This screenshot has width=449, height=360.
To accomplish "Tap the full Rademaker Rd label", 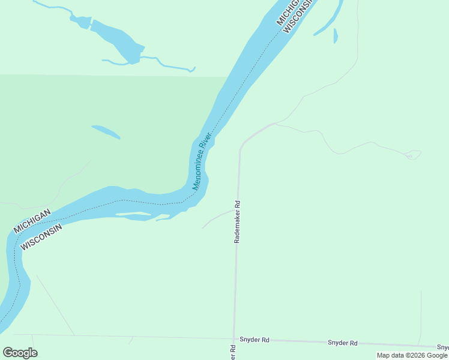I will click(237, 221).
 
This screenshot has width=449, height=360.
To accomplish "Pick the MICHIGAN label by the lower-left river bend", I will click(32, 221).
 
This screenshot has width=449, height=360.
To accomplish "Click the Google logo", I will click(20, 352).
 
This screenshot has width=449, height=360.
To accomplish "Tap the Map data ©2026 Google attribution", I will click(412, 355).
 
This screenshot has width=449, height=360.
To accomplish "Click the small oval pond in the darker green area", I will click(105, 131).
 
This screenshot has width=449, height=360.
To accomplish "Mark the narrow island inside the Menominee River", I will click(133, 214).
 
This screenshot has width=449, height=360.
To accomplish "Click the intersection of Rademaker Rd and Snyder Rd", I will click(234, 338).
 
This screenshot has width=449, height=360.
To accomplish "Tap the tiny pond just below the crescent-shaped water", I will click(336, 36).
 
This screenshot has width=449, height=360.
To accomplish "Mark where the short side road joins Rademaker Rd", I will click(235, 211).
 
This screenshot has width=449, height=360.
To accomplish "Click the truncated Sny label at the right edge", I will click(442, 347).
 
